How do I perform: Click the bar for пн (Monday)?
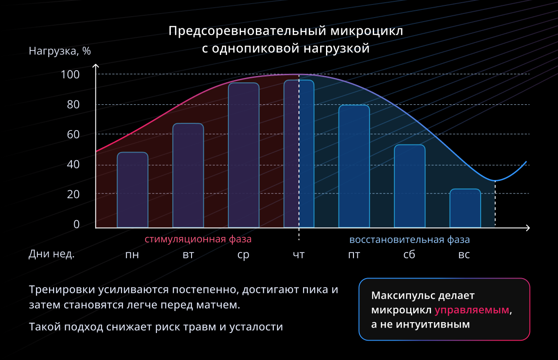(132, 190)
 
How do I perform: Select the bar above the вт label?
(188, 175)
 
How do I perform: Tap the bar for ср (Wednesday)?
(244, 155)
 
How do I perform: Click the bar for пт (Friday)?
(354, 166)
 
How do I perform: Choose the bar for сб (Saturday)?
(409, 186)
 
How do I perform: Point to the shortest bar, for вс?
(465, 208)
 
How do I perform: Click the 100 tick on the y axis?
(70, 74)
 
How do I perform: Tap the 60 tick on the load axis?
(73, 135)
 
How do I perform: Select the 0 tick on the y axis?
(76, 225)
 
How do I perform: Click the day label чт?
(299, 255)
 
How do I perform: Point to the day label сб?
(409, 255)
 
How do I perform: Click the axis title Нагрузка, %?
(60, 51)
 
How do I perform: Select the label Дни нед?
(52, 254)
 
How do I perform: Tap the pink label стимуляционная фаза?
(198, 239)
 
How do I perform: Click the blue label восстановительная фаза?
(410, 239)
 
